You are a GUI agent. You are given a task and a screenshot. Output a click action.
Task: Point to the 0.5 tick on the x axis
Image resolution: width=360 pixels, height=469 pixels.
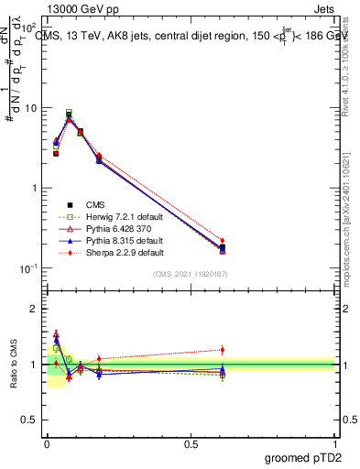coord(191,442)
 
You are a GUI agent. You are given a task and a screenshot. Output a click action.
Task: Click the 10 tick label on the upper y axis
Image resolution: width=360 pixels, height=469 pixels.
coord(32,108)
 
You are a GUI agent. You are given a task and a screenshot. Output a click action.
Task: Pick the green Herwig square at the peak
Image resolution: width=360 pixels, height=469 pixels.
coord(69,113)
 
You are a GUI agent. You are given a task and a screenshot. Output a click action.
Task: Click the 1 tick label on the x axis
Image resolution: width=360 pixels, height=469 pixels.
coord(335,442)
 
